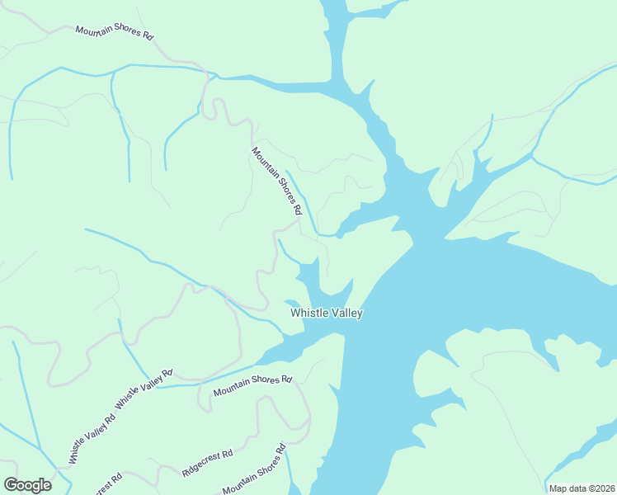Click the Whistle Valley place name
(327, 313)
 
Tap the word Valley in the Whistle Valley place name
(346, 313)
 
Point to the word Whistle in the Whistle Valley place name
(308, 313)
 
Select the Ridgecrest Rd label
(207, 464)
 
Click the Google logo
(27, 485)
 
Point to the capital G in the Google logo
(11, 485)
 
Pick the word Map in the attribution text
(558, 488)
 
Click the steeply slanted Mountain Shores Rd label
(276, 181)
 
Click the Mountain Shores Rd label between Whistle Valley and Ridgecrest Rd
(252, 385)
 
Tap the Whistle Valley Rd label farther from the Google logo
(144, 387)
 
